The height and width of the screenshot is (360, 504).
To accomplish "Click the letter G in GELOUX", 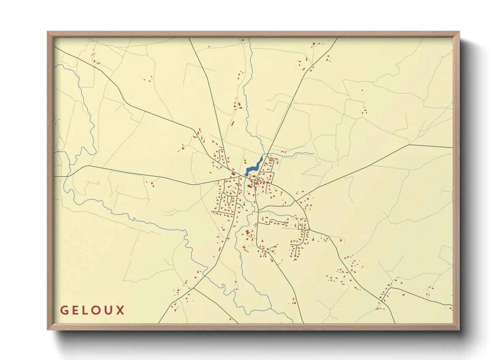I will [x=64, y=310].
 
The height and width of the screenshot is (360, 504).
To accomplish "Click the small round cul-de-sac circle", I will [x=295, y=256].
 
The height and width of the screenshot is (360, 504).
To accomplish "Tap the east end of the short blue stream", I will [x=313, y=153].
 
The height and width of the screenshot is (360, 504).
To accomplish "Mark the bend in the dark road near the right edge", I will [x=409, y=145].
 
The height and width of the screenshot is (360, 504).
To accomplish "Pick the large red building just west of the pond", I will [x=233, y=174].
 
